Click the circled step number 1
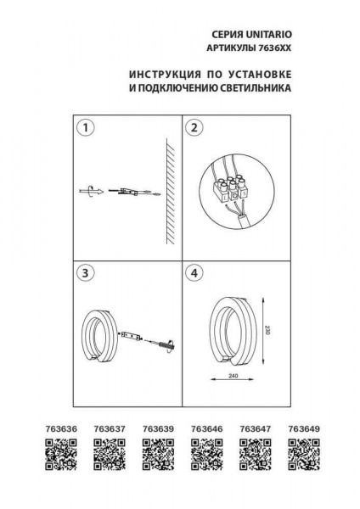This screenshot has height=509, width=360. (84, 128)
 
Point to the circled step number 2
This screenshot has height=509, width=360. (195, 128)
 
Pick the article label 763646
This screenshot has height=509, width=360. (205, 429)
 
